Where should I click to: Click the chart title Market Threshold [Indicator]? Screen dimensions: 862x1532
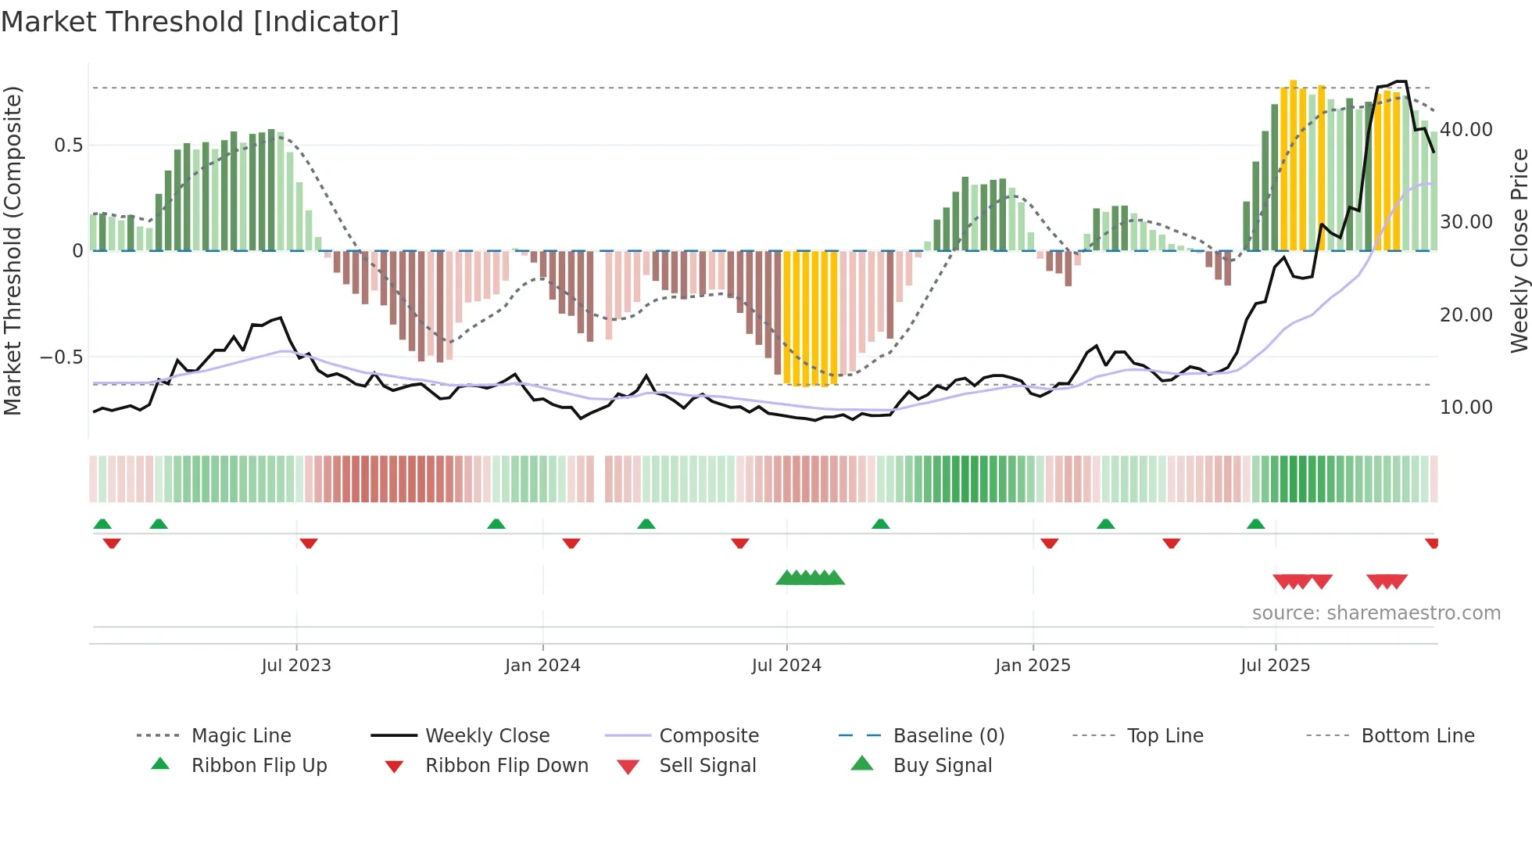click(x=200, y=22)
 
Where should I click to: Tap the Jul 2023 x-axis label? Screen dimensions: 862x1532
click(x=296, y=666)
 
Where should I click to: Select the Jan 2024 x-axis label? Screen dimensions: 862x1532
click(x=542, y=666)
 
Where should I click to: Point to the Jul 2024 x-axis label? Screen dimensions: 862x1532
click(x=786, y=666)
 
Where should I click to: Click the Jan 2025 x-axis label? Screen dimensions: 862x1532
click(x=1033, y=666)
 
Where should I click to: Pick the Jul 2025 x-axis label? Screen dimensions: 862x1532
click(x=1275, y=666)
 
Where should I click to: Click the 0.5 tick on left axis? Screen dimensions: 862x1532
click(x=68, y=145)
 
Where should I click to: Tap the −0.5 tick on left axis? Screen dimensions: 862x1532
click(x=61, y=357)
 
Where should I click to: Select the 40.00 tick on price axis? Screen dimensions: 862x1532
click(x=1466, y=130)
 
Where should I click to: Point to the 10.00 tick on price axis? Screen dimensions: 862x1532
click(x=1466, y=408)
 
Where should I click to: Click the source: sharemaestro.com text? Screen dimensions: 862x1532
click(x=1376, y=613)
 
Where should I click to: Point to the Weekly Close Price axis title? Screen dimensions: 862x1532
click(x=1519, y=250)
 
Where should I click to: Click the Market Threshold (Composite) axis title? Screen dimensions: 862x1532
click(x=13, y=250)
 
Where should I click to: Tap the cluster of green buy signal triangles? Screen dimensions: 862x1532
click(x=811, y=579)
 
